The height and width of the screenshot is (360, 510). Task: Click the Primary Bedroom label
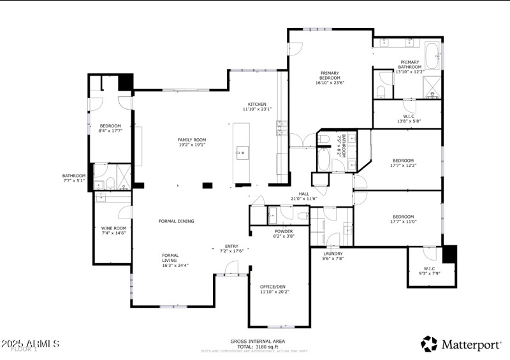pos(330,78)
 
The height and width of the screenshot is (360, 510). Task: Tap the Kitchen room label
pos(257,106)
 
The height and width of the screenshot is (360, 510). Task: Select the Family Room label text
pos(191,142)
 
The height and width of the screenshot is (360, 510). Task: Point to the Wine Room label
pos(113,231)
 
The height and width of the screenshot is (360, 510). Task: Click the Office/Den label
pos(274,289)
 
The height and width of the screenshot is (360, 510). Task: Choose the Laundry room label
pos(333,256)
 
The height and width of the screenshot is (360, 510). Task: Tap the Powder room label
pos(284,234)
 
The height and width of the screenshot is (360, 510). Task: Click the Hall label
pos(304,196)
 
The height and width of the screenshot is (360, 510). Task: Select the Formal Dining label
pos(176,221)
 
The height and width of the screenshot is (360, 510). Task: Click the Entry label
pos(231,248)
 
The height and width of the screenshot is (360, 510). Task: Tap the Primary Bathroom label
pos(409,67)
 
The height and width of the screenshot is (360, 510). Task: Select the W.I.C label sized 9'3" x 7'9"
pos(429,271)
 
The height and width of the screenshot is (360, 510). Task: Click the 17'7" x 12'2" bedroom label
pos(403,163)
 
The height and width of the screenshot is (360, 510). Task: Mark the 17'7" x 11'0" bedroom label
pos(403,219)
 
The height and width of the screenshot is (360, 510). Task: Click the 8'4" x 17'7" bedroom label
pos(110,129)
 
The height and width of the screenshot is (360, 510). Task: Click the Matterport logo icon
pos(429,344)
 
